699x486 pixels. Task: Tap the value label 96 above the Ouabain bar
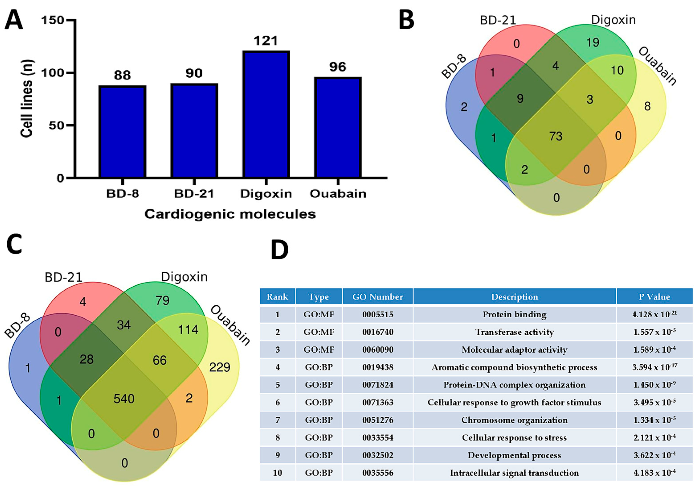[338, 67]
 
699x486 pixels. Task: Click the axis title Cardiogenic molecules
[230, 214]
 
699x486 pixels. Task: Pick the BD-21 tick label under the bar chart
[194, 194]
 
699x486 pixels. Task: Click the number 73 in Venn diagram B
[556, 136]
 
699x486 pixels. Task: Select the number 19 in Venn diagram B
[593, 43]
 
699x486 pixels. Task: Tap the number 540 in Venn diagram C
[124, 399]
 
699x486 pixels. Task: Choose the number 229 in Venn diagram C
[220, 367]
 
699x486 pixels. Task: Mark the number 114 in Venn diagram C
[188, 329]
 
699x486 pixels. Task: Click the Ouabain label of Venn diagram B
[657, 66]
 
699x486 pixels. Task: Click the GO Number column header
[378, 297]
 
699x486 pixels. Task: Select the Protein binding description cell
[514, 314]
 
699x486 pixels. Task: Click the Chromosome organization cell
[514, 420]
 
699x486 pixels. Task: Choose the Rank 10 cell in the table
[277, 473]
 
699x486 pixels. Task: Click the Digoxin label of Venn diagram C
[184, 277]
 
